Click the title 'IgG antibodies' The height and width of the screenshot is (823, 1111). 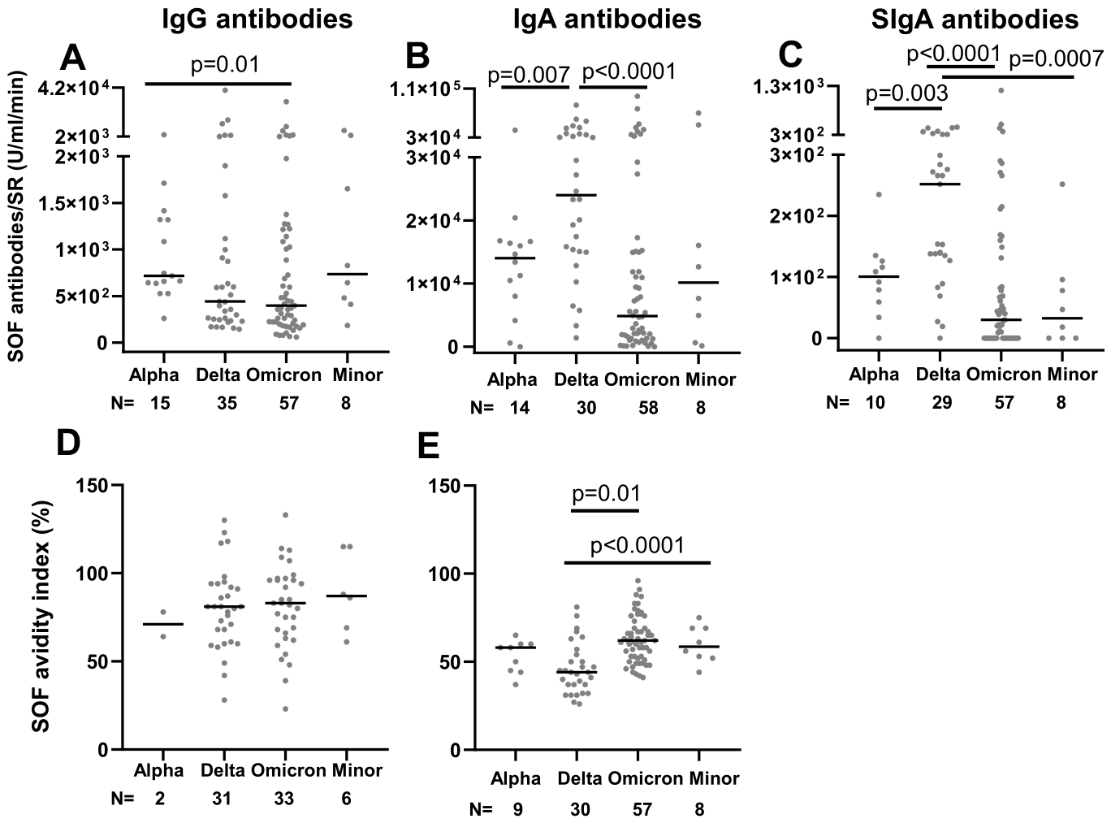click(257, 19)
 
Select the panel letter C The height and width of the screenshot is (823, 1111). click(791, 56)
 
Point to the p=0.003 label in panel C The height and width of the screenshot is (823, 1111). click(906, 93)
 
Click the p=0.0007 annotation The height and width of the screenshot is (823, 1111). click(1056, 59)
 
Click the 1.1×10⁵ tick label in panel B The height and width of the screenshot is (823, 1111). click(425, 89)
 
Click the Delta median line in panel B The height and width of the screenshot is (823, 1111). click(576, 195)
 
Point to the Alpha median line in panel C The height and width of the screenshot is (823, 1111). click(878, 277)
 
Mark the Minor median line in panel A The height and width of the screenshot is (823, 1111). click(347, 274)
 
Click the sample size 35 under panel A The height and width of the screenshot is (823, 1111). click(227, 404)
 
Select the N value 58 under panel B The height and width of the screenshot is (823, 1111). click(647, 408)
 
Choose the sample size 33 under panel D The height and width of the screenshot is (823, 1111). click(284, 799)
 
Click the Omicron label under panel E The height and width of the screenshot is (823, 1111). click(646, 778)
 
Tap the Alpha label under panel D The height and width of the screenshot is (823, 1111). click(159, 770)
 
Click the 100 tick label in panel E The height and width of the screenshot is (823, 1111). click(445, 574)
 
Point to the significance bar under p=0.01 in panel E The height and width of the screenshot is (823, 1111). click(605, 511)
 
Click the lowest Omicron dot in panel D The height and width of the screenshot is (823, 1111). click(286, 708)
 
